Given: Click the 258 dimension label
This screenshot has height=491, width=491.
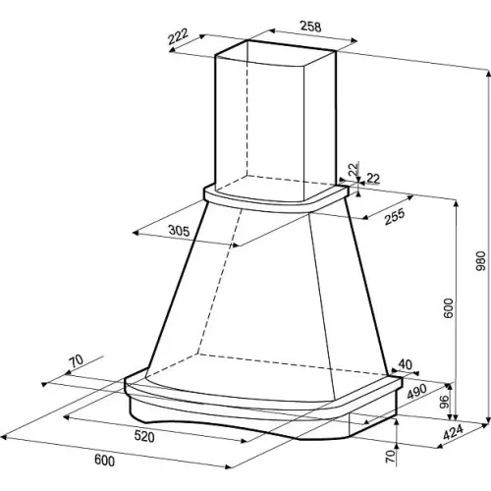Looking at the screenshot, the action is [x=310, y=27].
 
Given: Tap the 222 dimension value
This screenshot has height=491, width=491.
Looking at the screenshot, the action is [x=178, y=36].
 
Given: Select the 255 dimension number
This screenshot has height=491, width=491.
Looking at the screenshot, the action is [x=395, y=217].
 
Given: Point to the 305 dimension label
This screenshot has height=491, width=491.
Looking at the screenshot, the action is [x=179, y=231].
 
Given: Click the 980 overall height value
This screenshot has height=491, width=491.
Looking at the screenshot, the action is [x=480, y=261].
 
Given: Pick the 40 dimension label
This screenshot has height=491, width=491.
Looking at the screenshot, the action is [x=406, y=364].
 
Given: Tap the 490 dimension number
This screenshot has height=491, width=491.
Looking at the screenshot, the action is [x=416, y=392].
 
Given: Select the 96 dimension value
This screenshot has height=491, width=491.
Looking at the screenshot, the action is [x=444, y=403].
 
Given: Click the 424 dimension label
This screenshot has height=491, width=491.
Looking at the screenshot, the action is [x=454, y=432].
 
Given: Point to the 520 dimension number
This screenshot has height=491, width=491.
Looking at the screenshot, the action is [x=144, y=436].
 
